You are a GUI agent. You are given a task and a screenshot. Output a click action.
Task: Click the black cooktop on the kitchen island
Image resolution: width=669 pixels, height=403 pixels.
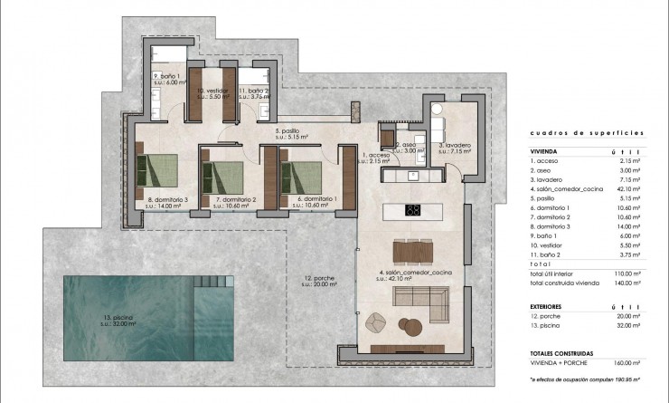pyautogui.click(x=412, y=211)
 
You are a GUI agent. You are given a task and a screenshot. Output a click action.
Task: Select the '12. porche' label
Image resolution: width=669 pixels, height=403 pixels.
pyautogui.click(x=320, y=280)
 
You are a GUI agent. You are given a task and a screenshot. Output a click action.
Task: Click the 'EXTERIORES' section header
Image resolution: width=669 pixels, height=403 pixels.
pyautogui.click(x=546, y=307)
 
